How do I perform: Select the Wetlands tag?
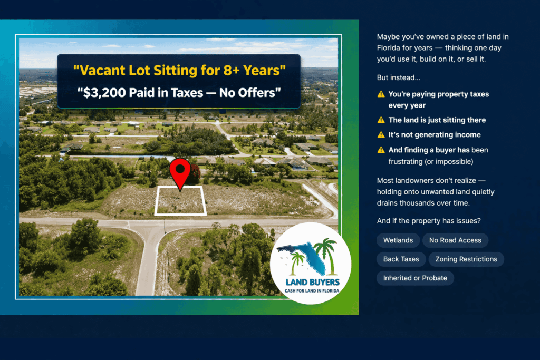coord(398,240)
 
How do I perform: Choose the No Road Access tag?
coord(455,240)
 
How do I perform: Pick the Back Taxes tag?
coord(401,259)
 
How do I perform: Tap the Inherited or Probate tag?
coord(415,278)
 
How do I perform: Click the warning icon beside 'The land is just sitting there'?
coord(381,120)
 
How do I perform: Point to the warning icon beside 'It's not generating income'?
coord(381,135)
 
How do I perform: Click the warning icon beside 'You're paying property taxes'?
coord(381,94)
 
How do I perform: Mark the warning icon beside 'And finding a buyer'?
coord(381,150)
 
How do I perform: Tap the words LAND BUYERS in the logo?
coord(313,283)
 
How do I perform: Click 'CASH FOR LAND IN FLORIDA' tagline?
coord(313,291)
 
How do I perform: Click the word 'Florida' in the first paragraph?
coord(389,48)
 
